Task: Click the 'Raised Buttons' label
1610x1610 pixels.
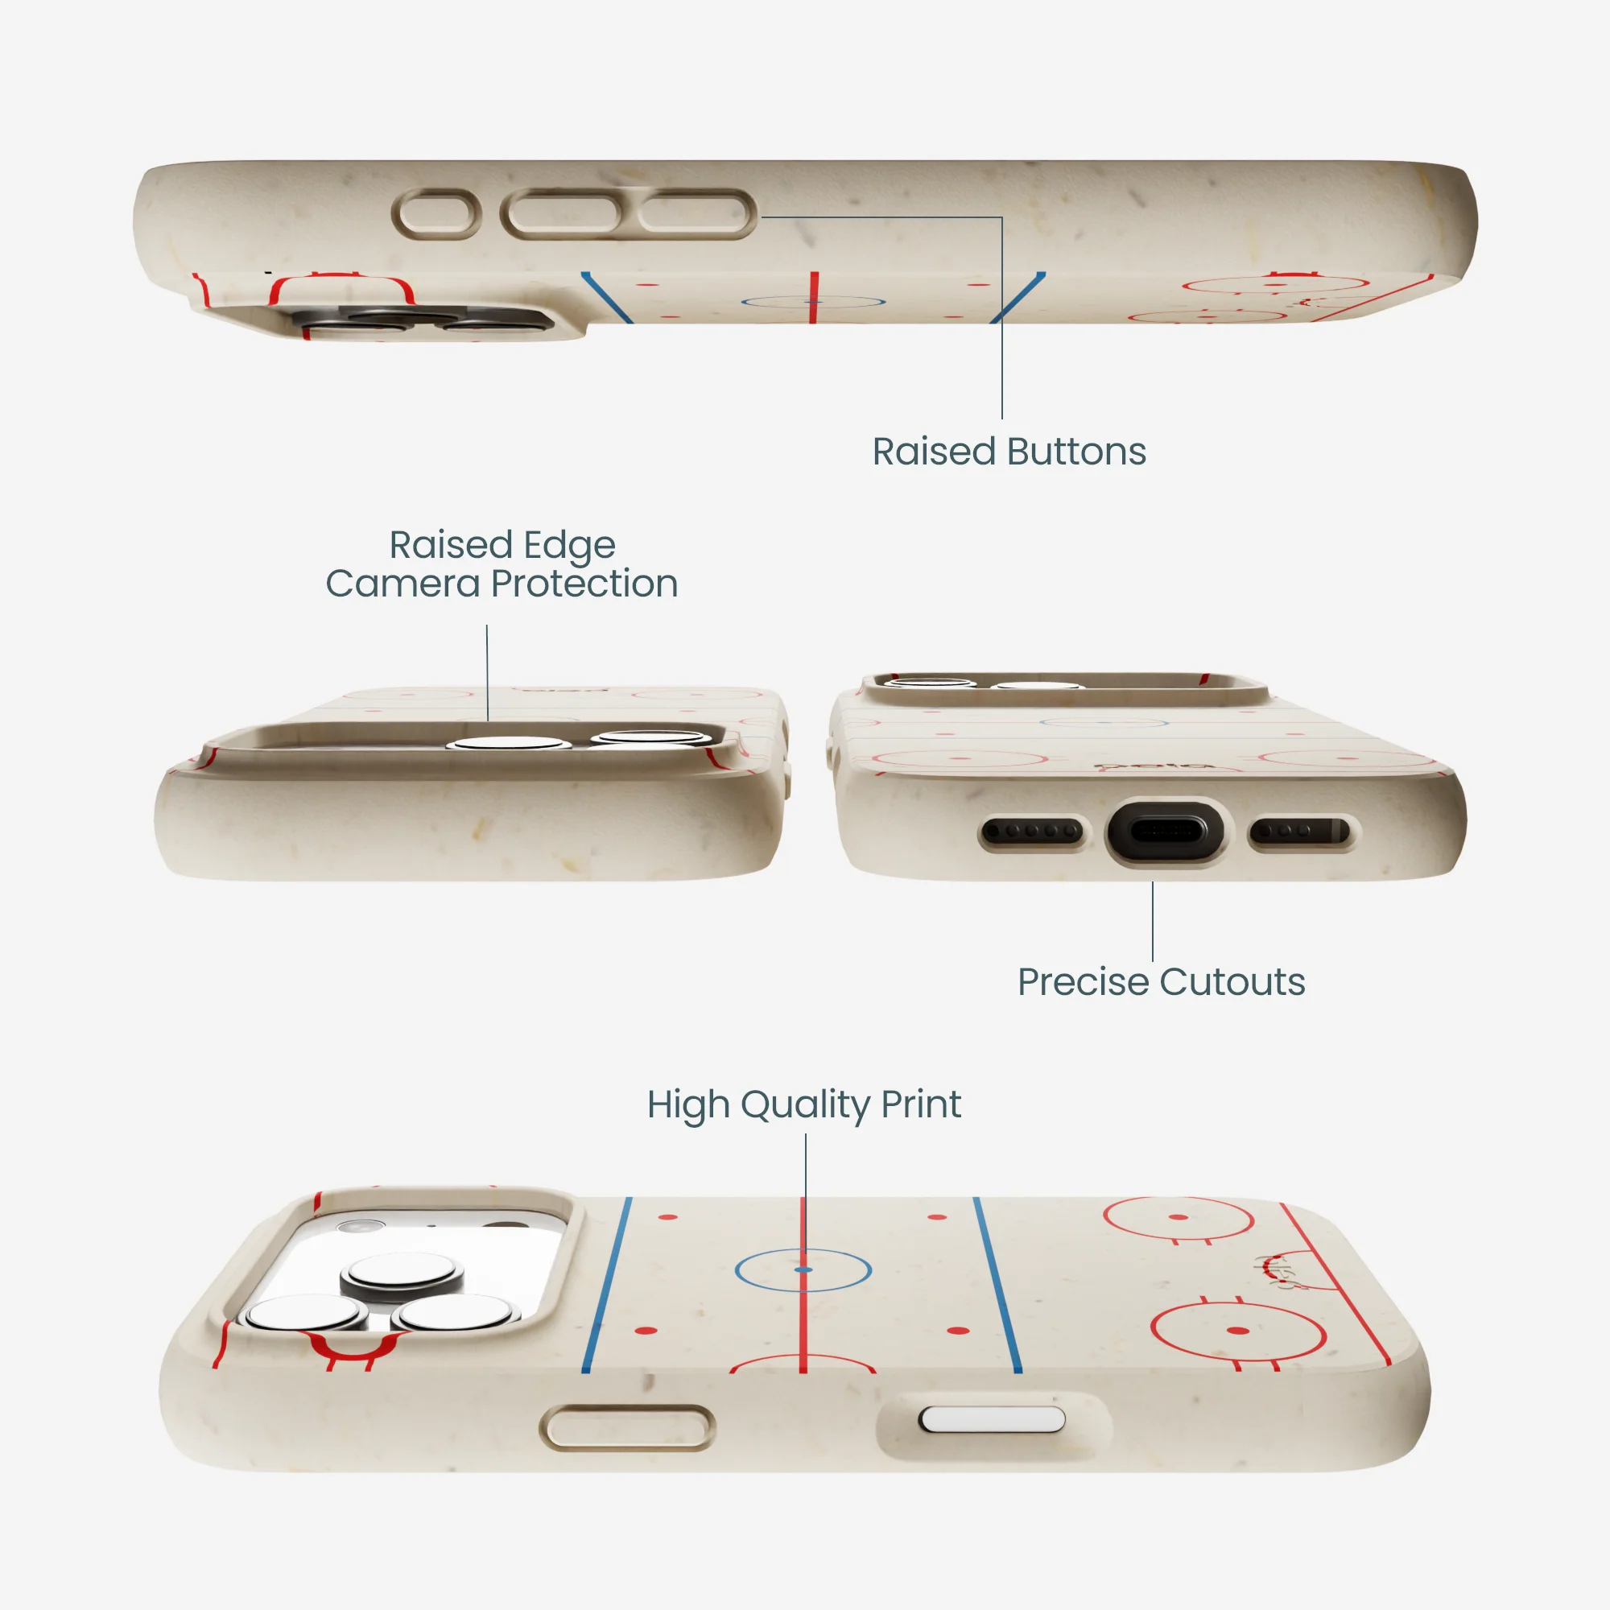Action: coord(1009,452)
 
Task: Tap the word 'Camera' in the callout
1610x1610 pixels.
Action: coord(402,584)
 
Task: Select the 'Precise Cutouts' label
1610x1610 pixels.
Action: coord(1161,981)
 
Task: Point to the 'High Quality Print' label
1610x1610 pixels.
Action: coord(804,1105)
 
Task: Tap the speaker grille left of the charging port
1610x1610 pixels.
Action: coord(1034,831)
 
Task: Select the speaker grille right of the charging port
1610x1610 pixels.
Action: coord(1301,831)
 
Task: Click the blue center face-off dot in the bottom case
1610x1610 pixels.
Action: coord(803,1269)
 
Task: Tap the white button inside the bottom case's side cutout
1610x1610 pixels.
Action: coord(992,1419)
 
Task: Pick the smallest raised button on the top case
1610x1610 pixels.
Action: coord(436,214)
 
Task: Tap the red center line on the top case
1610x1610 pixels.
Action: coord(813,297)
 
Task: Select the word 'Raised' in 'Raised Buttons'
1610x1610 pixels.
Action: coord(934,452)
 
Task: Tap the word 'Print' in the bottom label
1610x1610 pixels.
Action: coord(922,1105)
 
